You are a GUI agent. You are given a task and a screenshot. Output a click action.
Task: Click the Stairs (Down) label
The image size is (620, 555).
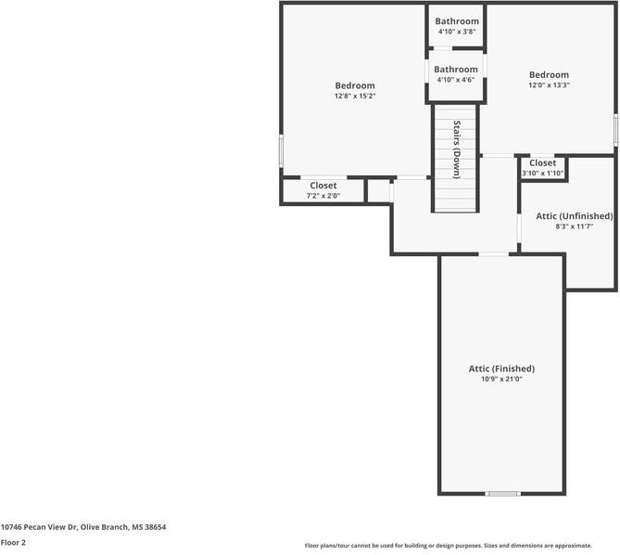[457, 149]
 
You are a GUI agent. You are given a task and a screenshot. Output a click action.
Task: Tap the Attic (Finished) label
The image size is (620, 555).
[501, 368]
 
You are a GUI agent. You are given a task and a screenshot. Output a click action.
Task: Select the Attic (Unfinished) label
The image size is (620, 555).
[575, 215]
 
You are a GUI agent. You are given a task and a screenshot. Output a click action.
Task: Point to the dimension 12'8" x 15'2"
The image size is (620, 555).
[355, 96]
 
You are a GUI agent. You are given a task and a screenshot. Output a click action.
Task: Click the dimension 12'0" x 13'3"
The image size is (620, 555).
[549, 84]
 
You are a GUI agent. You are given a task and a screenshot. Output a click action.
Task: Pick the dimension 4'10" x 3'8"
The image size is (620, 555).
[457, 32]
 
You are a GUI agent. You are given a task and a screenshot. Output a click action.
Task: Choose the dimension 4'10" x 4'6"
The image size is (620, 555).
[456, 80]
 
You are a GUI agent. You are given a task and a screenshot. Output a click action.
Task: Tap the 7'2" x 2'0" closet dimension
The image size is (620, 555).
[323, 196]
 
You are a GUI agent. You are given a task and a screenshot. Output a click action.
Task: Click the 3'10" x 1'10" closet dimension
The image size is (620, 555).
[542, 173]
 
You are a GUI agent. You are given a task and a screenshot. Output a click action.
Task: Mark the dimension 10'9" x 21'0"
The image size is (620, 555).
[501, 379]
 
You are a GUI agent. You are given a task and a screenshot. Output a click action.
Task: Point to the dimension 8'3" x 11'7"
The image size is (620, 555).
[575, 226]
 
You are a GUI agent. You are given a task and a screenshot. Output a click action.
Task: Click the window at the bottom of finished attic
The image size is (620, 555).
[503, 494]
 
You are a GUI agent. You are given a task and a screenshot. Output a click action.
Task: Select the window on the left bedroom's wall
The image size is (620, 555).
[281, 151]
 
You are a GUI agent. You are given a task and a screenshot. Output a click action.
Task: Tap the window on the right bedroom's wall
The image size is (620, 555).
[615, 130]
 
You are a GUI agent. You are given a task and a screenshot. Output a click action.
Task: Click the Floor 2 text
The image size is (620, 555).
[13, 543]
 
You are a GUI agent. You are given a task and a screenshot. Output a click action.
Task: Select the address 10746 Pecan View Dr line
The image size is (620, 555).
[83, 527]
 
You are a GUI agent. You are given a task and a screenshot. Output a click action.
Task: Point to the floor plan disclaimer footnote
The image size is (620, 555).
[448, 546]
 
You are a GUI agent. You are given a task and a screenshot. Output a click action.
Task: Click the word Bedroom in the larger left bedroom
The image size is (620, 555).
[355, 85]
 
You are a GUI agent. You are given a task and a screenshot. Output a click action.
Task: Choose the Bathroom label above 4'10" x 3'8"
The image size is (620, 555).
[457, 21]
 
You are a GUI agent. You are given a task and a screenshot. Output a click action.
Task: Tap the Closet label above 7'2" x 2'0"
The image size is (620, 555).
[323, 186]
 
